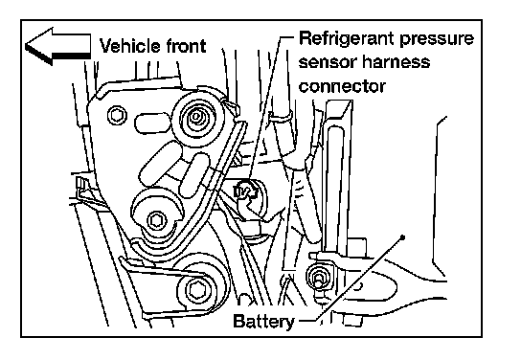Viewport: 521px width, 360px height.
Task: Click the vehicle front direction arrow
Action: tap(57, 47)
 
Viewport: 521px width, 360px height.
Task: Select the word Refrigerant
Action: tap(347, 39)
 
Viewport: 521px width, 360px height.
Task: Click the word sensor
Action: tap(328, 63)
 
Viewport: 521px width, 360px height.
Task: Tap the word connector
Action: tap(342, 86)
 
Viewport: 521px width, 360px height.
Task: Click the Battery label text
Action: tap(263, 322)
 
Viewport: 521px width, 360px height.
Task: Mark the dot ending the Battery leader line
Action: tap(402, 237)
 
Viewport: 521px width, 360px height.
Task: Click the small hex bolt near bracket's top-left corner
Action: tap(117, 115)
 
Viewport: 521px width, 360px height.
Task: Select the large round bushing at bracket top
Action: tap(197, 117)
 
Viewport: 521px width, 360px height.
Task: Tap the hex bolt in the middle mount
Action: tap(156, 220)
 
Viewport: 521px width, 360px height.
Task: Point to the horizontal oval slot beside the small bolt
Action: tap(151, 123)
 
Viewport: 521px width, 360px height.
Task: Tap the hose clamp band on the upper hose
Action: tap(280, 116)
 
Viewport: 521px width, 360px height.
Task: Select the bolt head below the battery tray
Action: tap(352, 320)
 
